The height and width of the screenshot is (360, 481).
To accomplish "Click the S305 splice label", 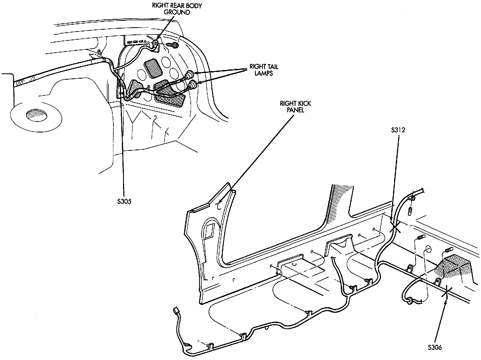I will coord(124,201).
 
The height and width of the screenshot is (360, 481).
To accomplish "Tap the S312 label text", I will coord(398,130).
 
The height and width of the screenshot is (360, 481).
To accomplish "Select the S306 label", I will coord(435,347).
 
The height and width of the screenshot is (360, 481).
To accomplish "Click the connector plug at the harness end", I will coord(176,311).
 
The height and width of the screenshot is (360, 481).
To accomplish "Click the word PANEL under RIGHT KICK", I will coord(295,110).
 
